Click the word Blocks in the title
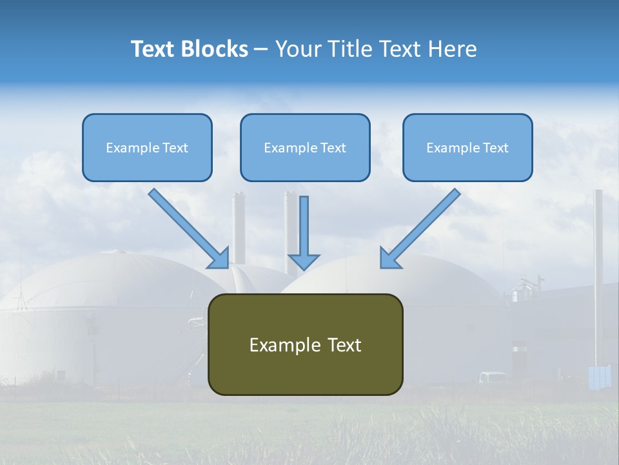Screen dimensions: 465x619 click(215, 49)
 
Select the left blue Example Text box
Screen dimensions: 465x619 click(147, 147)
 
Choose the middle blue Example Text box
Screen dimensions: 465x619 click(305, 147)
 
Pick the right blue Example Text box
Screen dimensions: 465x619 click(467, 147)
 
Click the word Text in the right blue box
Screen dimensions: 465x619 click(496, 148)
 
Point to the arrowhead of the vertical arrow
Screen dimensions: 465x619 click(304, 261)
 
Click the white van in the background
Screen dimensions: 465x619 click(493, 377)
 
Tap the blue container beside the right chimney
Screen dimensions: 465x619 click(599, 377)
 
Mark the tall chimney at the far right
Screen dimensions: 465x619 click(598, 271)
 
